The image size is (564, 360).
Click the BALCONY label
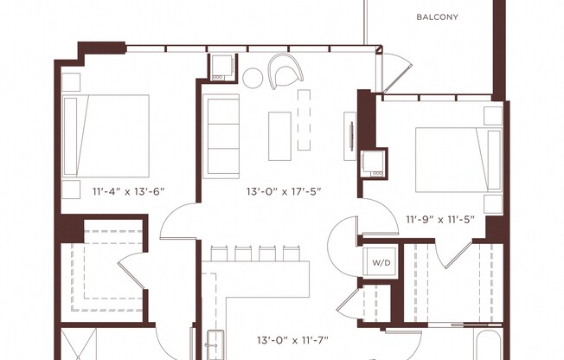(437, 16)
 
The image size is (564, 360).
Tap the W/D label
(381, 261)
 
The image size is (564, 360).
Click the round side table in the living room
(252, 79)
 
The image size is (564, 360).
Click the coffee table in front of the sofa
(279, 136)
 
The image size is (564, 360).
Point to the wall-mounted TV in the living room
(351, 137)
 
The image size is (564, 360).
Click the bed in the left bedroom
(106, 135)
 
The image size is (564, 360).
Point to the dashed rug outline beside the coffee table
(303, 119)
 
